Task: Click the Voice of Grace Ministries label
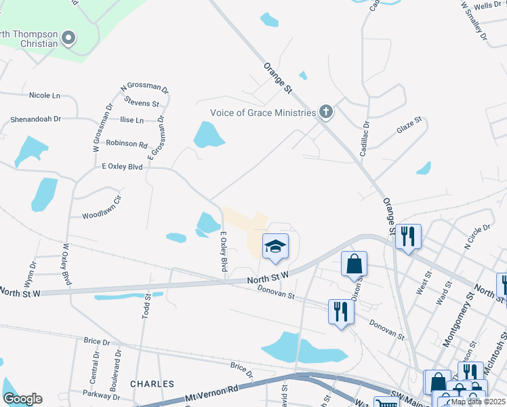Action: pos(263,113)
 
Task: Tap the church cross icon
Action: pos(326,112)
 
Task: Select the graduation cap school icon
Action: pos(276,246)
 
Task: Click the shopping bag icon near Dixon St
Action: pos(354,264)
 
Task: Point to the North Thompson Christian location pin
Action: pos(68,38)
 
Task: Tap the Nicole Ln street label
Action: pos(45,95)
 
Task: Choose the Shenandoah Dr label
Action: pos(35,119)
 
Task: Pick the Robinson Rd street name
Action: pos(127,144)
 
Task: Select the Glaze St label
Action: pos(409,128)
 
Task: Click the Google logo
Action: pos(23,399)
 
